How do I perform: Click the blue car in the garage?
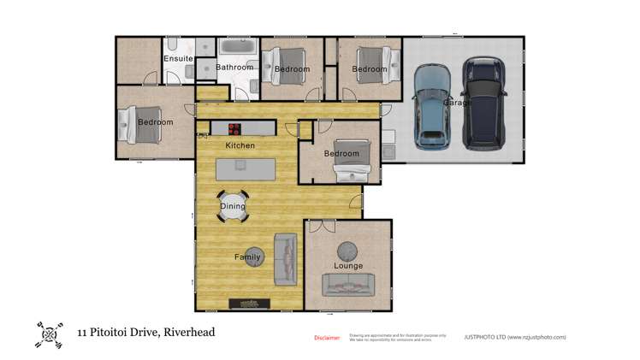pos(432,105)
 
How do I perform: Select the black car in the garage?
pos(483,102)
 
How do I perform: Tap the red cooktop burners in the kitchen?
pos(234,129)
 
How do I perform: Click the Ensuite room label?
pos(178,58)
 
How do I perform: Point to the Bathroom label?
pos(234,67)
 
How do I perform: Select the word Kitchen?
pos(240,145)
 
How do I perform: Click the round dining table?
pos(233,206)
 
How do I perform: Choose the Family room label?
pos(247,257)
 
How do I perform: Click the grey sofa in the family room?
pos(285,259)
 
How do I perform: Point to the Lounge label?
pos(348,266)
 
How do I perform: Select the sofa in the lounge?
pos(348,285)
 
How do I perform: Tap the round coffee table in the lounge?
pos(348,250)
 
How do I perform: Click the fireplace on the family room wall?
pos(252,304)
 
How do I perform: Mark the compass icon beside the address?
pos(50,334)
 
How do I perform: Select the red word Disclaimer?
pos(327,338)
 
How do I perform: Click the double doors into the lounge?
pos(323,224)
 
